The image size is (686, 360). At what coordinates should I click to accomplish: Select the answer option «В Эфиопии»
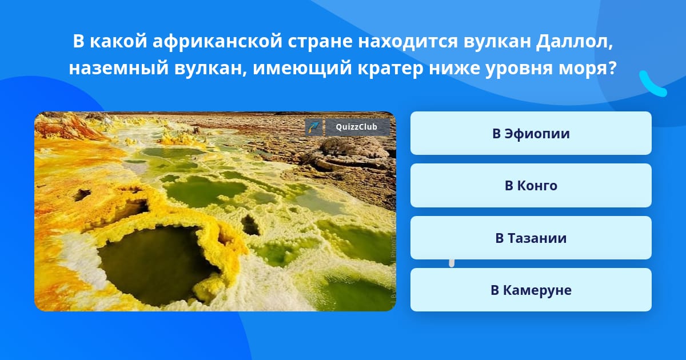pyautogui.click(x=531, y=133)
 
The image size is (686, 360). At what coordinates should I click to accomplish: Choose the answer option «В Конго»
pyautogui.click(x=531, y=186)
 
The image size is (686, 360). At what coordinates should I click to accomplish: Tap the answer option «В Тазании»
pyautogui.click(x=531, y=238)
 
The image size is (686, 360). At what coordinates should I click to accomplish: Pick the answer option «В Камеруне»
pyautogui.click(x=531, y=290)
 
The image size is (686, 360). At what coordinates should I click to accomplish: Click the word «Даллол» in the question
pyautogui.click(x=575, y=41)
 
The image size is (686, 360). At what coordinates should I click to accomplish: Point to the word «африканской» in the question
pyautogui.click(x=217, y=42)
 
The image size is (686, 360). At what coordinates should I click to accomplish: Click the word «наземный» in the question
pyautogui.click(x=119, y=68)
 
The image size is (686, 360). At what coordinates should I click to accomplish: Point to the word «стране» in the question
pyautogui.click(x=320, y=42)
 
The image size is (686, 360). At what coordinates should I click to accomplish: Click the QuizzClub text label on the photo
pyautogui.click(x=356, y=127)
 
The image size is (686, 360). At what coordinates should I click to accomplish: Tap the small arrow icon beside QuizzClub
pyautogui.click(x=314, y=127)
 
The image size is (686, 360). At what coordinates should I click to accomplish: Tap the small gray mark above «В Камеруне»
pyautogui.click(x=452, y=263)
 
